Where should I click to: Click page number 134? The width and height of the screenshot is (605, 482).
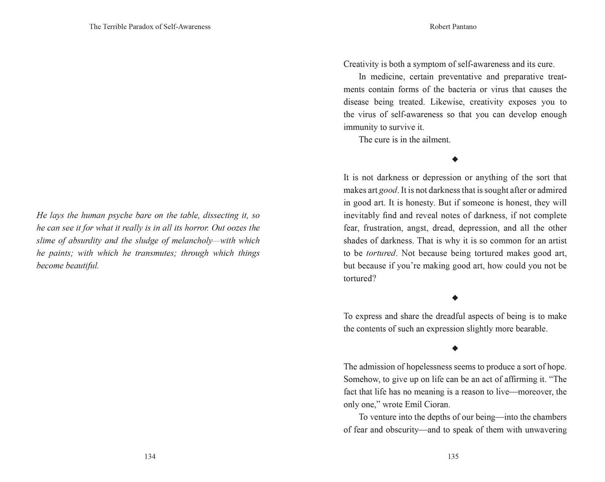point(150,456)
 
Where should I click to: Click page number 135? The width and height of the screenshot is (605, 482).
point(453,456)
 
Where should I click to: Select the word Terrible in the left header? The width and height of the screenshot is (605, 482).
point(114,27)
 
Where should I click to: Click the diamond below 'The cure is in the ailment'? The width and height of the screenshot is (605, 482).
point(455,159)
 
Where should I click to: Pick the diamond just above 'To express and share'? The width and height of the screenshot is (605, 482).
point(455,298)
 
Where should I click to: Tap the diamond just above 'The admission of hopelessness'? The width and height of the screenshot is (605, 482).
point(455,348)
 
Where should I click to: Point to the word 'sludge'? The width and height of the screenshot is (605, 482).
point(146,241)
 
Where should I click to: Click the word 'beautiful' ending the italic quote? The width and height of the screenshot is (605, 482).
point(82,266)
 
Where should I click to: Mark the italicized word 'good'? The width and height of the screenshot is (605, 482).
point(388,190)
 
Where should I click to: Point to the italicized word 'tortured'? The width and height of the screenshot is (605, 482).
point(381,253)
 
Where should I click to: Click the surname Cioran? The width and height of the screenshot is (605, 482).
point(437,404)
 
